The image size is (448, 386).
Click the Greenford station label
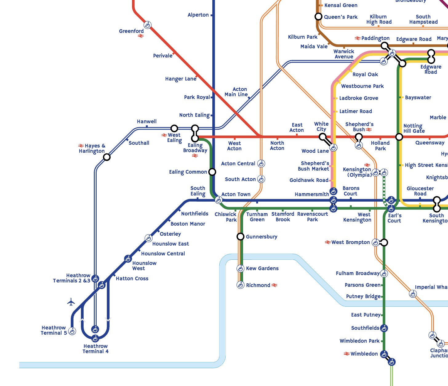click(131, 31)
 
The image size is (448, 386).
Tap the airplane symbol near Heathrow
click(71, 302)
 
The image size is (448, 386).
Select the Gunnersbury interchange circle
click(240, 236)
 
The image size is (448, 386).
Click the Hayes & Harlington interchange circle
click(106, 157)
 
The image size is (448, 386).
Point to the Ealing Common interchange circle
click(212, 172)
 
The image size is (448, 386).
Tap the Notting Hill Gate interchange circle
click(399, 137)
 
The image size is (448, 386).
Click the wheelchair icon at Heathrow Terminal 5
click(72, 331)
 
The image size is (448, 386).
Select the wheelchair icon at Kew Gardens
click(240, 268)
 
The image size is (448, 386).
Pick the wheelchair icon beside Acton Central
click(261, 163)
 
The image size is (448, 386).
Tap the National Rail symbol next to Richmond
click(274, 285)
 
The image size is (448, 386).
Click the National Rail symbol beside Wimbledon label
click(347, 354)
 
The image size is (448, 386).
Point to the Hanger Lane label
click(181, 79)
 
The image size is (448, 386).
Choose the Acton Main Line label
click(236, 92)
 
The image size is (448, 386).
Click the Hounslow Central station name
click(163, 254)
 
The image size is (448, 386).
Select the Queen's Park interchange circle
click(318, 17)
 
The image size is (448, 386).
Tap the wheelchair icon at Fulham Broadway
click(384, 273)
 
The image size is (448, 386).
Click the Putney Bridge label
click(363, 297)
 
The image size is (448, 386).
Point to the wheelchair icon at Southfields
click(384, 328)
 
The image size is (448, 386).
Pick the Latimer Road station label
click(355, 111)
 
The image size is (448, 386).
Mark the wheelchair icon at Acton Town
click(218, 200)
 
